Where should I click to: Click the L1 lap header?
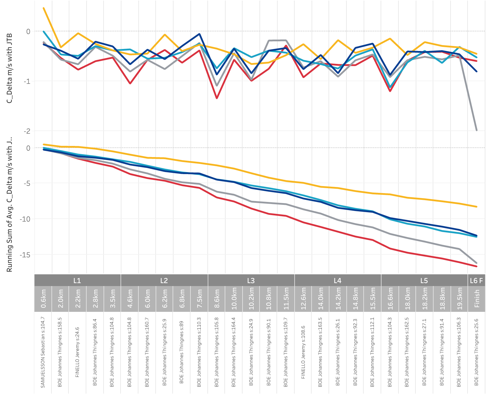click(77, 280)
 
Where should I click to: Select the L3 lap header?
click(251, 280)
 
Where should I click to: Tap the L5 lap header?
click(424, 280)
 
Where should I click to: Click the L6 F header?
click(476, 280)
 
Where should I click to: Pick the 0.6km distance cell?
click(43, 299)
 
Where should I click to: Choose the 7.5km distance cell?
click(200, 299)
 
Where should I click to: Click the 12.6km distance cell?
click(303, 299)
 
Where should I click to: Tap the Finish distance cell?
click(477, 299)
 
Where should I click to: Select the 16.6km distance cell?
click(390, 299)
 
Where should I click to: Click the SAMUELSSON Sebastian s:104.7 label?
click(43, 352)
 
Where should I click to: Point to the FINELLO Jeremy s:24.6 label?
click(78, 352)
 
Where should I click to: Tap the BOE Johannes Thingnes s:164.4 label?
click(234, 352)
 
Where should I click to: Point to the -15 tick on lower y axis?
click(25, 255)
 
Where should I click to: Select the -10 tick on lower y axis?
click(25, 219)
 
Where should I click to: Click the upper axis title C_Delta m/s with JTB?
click(10, 68)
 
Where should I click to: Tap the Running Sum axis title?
click(10, 204)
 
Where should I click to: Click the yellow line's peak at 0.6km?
click(44, 8)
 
